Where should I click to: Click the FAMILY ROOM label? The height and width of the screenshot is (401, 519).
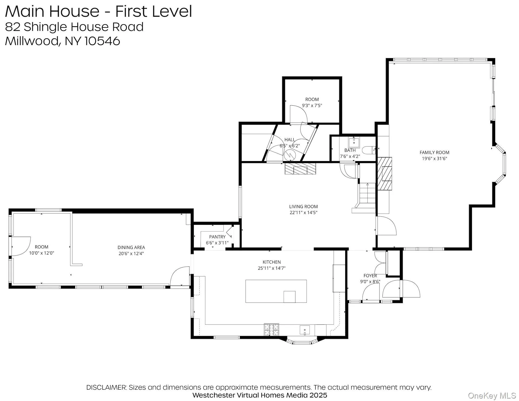(x=434, y=152)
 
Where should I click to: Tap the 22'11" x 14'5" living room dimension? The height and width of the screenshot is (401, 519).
(x=303, y=213)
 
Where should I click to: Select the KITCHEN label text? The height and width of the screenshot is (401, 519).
(x=272, y=262)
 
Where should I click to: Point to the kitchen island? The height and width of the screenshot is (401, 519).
(x=276, y=291)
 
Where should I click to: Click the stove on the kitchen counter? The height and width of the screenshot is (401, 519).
(x=271, y=329)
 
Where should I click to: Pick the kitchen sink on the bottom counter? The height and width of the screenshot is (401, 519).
(x=305, y=330)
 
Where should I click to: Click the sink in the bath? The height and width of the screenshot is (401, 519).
(x=354, y=142)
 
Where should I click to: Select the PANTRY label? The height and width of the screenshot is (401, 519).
(x=217, y=237)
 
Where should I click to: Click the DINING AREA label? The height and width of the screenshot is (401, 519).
(x=131, y=248)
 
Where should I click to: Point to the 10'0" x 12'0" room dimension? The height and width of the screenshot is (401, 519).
(x=42, y=253)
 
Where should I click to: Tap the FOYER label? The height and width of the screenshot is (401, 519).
(x=370, y=276)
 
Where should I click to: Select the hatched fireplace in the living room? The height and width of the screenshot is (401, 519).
(x=300, y=169)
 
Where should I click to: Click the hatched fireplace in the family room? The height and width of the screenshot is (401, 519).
(x=385, y=174)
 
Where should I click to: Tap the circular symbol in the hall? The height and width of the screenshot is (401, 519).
(x=290, y=155)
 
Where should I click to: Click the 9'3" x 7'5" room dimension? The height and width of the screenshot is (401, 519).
(x=312, y=106)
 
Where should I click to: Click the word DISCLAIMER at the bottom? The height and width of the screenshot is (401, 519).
(x=106, y=387)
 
